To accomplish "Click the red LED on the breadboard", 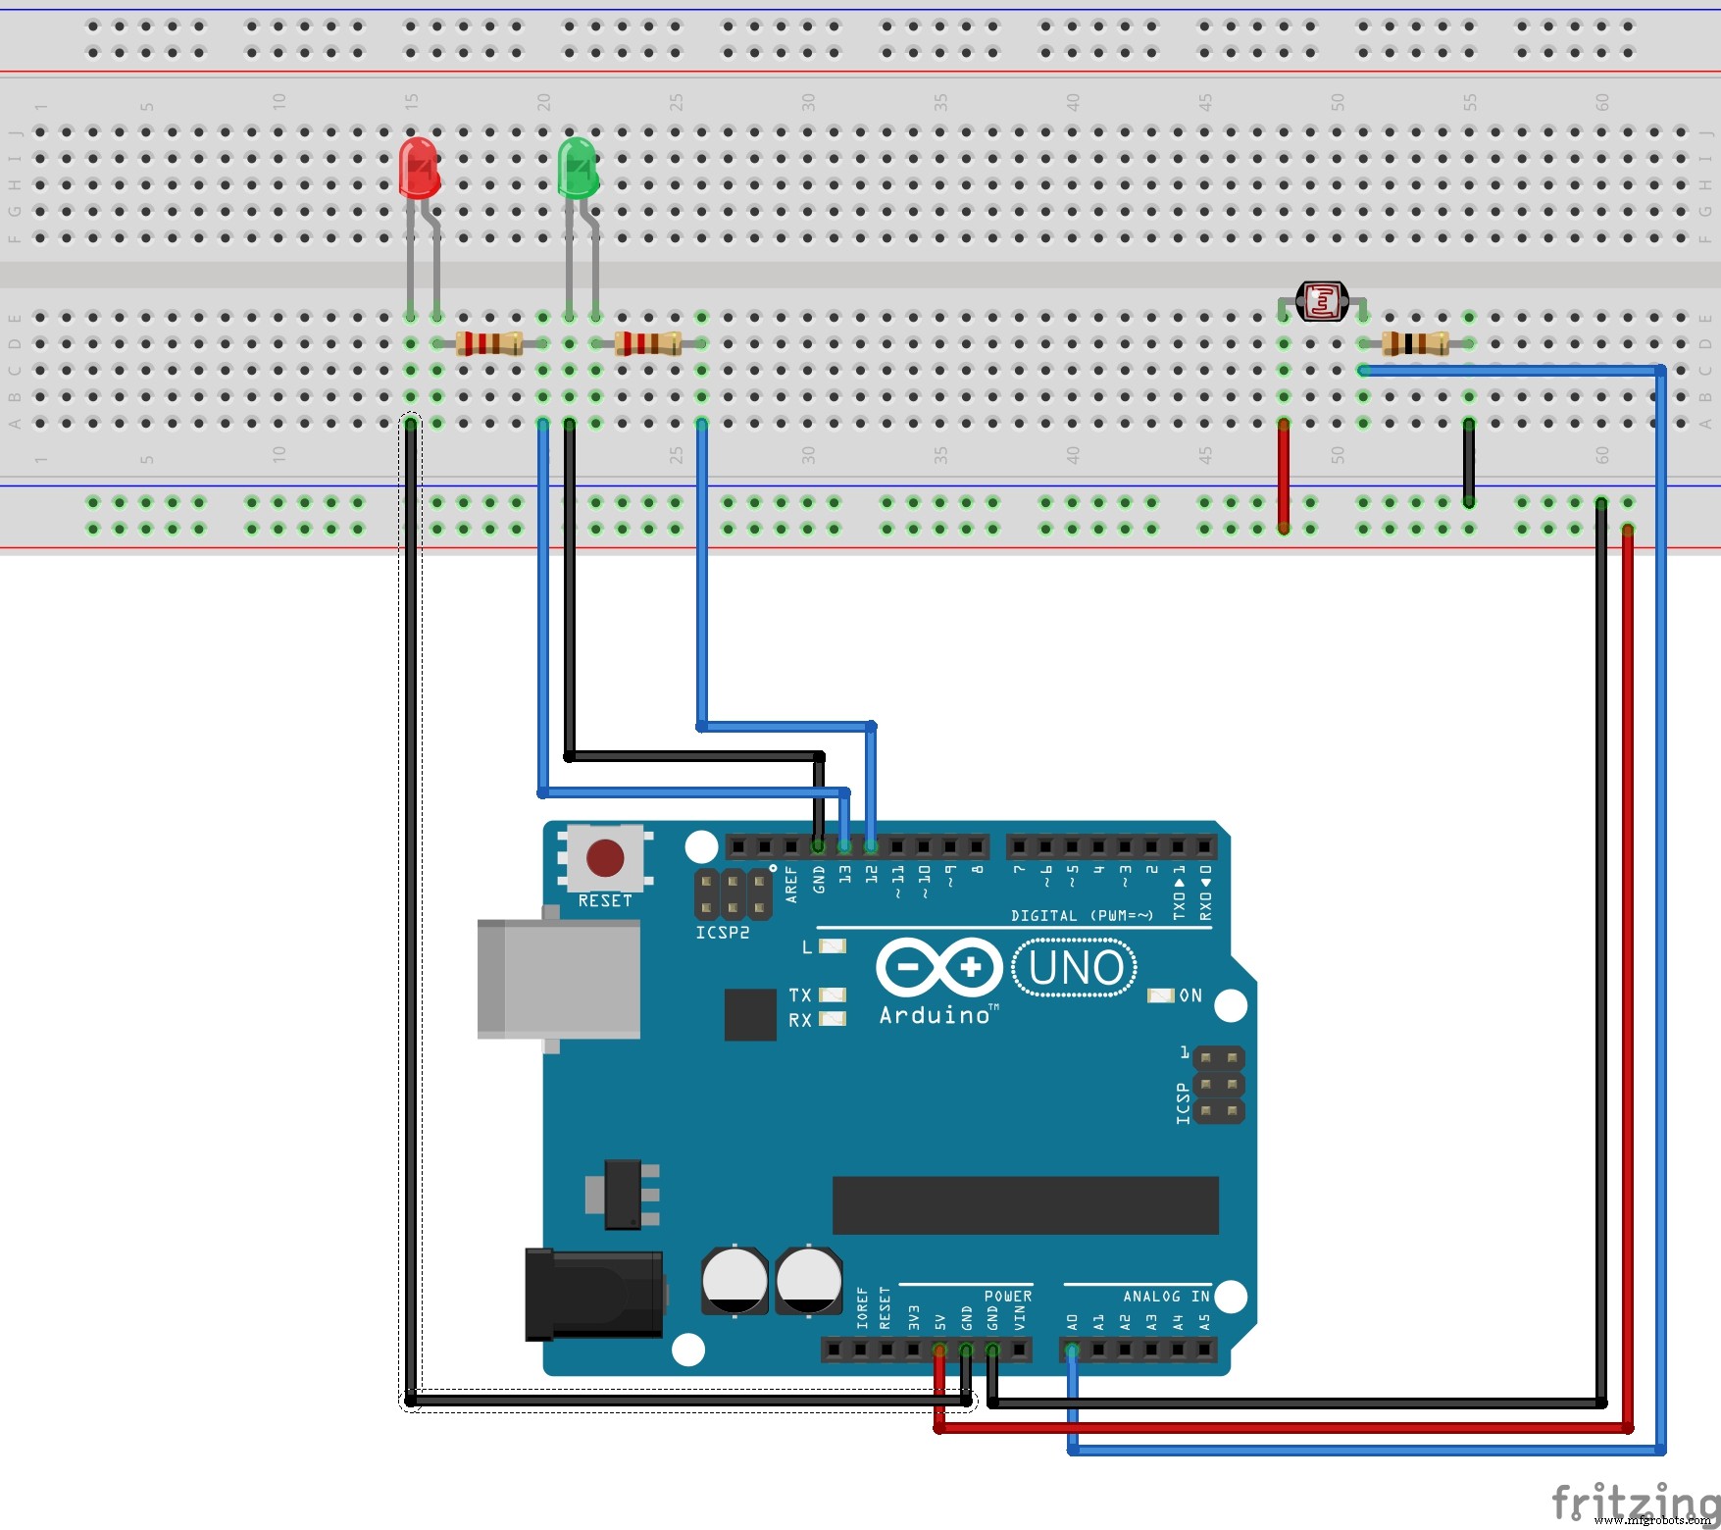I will (419, 168).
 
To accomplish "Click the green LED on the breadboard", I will (577, 168).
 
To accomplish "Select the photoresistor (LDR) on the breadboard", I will (1322, 302).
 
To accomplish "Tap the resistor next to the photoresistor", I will (1415, 343).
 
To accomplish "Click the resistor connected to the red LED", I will (488, 343).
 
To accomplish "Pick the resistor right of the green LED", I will (647, 343).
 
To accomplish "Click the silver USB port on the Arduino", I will (558, 979).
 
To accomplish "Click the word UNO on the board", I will (1076, 969).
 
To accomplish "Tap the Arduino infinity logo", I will (938, 968).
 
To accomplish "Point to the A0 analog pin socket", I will (1072, 1351).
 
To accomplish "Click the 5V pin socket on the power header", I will (939, 1351).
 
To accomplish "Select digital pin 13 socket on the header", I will (844, 845).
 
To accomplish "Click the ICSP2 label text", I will (722, 933).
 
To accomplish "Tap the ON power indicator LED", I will (1160, 995).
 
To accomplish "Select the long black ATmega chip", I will (1025, 1205).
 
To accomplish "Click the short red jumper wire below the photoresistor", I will (1283, 476).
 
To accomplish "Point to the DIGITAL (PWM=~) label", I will (1082, 915).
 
